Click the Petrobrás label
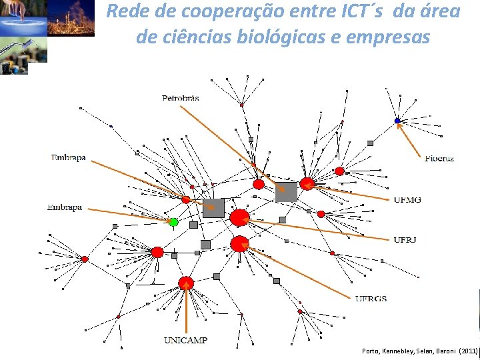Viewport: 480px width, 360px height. click(180, 98)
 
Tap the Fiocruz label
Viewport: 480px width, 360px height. click(439, 159)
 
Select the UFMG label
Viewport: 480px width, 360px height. click(407, 199)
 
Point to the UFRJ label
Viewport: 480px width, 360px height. click(405, 239)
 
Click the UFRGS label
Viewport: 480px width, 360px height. click(371, 299)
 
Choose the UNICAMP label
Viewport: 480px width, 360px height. click(185, 340)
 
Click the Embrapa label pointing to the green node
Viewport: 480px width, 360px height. click(65, 207)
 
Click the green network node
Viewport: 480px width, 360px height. click(173, 221)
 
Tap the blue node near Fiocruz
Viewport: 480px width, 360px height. click(397, 121)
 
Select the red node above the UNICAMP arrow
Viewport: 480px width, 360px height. click(186, 283)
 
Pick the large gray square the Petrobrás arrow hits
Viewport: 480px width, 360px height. click(286, 192)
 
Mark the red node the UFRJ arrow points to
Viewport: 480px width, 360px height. click(239, 217)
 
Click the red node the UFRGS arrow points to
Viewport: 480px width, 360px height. click(239, 244)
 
